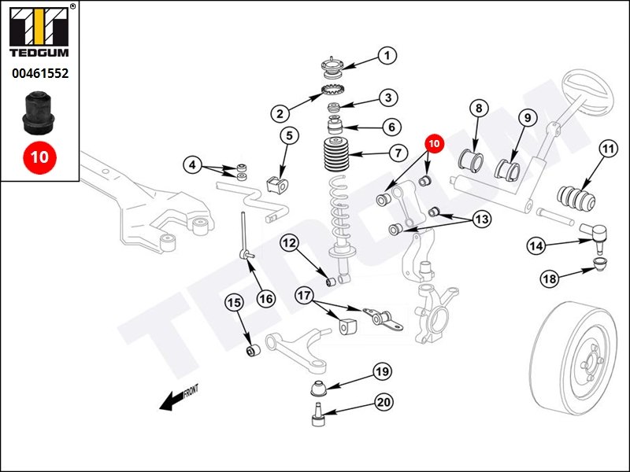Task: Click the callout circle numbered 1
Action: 387,56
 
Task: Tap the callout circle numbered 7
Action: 398,153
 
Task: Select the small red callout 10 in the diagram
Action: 435,144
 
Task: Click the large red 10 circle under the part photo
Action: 39,157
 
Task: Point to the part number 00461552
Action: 39,74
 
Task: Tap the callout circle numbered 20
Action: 383,403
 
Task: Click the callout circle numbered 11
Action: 607,148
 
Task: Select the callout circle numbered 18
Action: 549,278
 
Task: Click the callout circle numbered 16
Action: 265,298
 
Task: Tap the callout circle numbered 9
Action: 527,117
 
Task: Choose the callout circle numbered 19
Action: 382,371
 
